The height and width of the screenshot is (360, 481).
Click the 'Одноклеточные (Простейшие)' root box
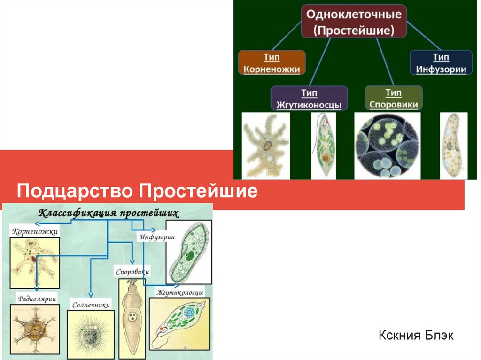click(x=354, y=22)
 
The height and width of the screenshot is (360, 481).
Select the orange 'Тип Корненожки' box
click(x=272, y=63)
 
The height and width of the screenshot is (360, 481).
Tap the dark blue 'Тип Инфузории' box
click(x=441, y=63)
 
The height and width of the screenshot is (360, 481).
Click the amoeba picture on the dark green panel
click(x=265, y=145)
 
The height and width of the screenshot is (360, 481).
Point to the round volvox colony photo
click(x=387, y=146)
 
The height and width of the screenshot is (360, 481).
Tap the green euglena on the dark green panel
click(x=324, y=145)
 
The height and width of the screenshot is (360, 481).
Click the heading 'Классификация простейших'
click(x=108, y=213)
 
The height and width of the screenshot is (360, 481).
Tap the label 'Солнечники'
click(x=91, y=305)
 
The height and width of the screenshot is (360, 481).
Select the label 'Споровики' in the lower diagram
click(x=132, y=272)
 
